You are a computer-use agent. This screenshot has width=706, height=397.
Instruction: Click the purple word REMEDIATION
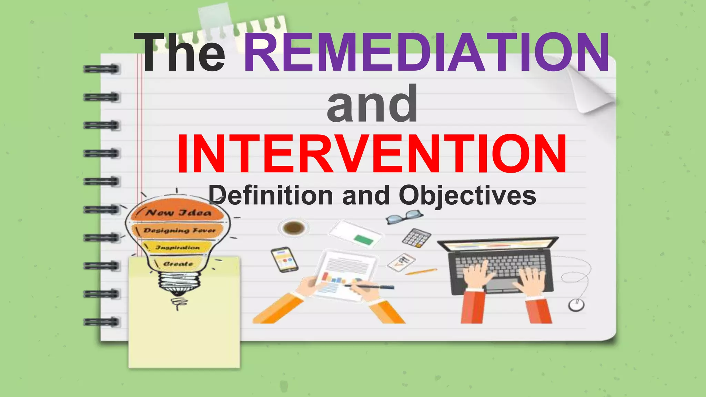pyautogui.click(x=427, y=52)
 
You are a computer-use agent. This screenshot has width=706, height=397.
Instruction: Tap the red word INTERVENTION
pyautogui.click(x=372, y=154)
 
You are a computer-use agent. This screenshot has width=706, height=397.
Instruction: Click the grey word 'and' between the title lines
pyautogui.click(x=372, y=103)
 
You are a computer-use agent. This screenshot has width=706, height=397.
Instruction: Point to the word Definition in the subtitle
pyautogui.click(x=271, y=195)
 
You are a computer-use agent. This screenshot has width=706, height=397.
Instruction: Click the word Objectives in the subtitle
pyautogui.click(x=467, y=195)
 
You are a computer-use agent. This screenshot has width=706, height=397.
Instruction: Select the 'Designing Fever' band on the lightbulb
pyautogui.click(x=179, y=230)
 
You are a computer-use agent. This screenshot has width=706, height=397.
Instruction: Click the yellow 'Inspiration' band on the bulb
pyautogui.click(x=178, y=247)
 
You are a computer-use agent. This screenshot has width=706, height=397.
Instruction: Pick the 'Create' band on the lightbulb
pyautogui.click(x=178, y=264)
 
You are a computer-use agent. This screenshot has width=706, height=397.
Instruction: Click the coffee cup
pyautogui.click(x=293, y=228)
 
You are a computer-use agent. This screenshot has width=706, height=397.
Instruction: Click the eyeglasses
pyautogui.click(x=404, y=217)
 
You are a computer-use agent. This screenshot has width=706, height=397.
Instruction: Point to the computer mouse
pyautogui.click(x=576, y=305)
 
